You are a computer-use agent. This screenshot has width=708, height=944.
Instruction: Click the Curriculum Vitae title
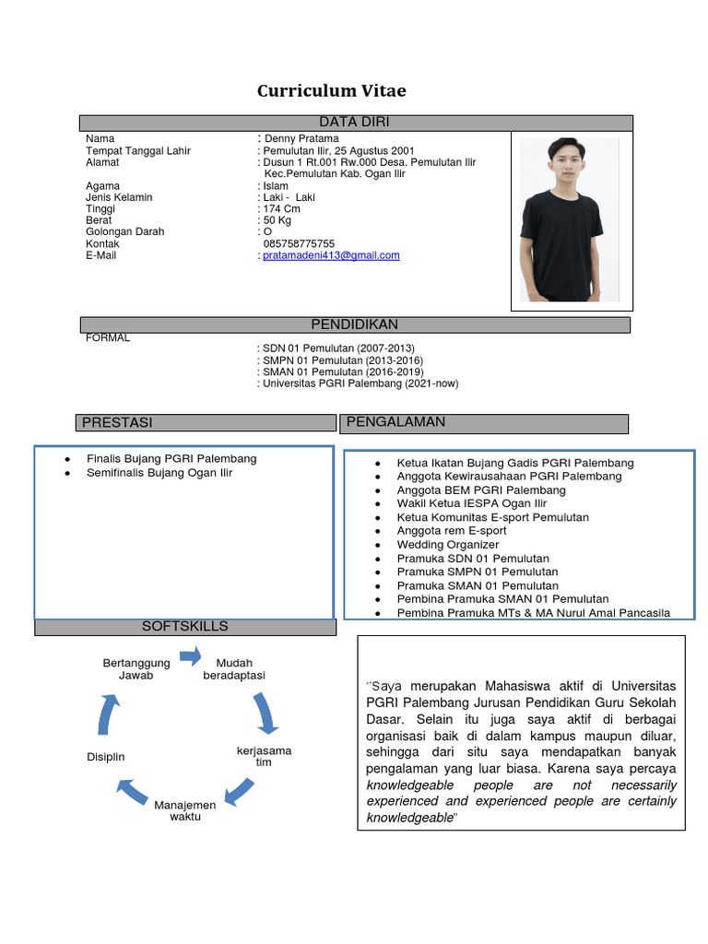[331, 90]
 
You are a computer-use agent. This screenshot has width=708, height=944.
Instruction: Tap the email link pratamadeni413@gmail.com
[332, 255]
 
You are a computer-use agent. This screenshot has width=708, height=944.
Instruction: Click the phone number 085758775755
[299, 243]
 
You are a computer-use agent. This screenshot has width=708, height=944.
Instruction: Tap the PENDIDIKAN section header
[355, 324]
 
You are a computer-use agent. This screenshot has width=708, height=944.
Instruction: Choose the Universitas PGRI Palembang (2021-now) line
[360, 383]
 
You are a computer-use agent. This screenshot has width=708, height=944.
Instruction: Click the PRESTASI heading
[117, 422]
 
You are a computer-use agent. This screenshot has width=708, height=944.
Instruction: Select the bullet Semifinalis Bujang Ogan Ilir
[159, 473]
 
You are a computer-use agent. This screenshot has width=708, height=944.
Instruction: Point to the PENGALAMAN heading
[395, 422]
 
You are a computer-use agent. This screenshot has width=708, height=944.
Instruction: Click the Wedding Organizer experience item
[447, 545]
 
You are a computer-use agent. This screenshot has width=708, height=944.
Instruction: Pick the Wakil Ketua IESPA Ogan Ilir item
[471, 503]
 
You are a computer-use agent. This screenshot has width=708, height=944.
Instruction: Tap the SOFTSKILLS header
[184, 627]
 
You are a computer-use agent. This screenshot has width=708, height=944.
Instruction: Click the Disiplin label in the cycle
[105, 757]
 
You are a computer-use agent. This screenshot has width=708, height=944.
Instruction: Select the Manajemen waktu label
[185, 810]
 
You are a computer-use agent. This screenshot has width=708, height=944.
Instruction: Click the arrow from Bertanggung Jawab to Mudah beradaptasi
[190, 656]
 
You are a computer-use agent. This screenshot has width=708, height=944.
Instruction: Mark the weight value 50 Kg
[277, 220]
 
